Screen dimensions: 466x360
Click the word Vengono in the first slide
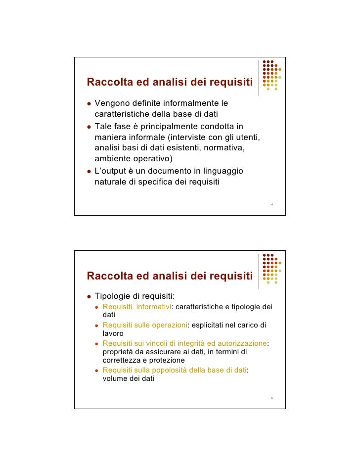point(111,104)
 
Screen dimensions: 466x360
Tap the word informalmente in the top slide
point(190,104)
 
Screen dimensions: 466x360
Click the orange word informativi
point(153,307)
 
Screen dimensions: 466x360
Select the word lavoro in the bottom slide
point(113,333)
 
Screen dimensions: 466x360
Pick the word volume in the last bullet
point(114,379)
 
